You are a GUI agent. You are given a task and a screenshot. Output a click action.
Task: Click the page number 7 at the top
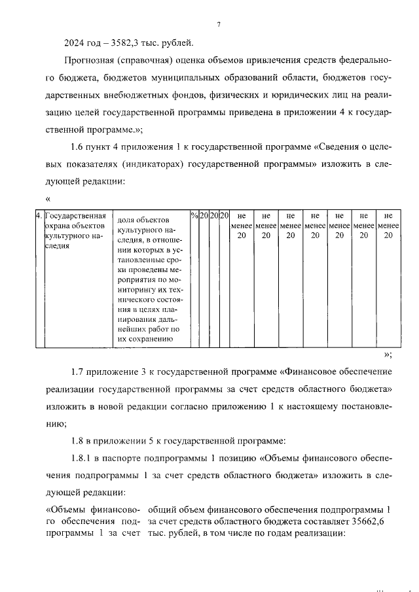pos(219,26)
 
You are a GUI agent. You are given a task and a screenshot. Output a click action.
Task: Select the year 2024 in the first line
pos(75,44)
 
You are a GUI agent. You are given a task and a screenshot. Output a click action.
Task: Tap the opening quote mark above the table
pos(48,198)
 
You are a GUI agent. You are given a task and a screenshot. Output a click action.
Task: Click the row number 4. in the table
pos(39,215)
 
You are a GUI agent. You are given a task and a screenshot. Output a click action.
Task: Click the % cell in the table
pos(194,215)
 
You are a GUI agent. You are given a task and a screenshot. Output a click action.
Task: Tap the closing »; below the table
pos(387,355)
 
